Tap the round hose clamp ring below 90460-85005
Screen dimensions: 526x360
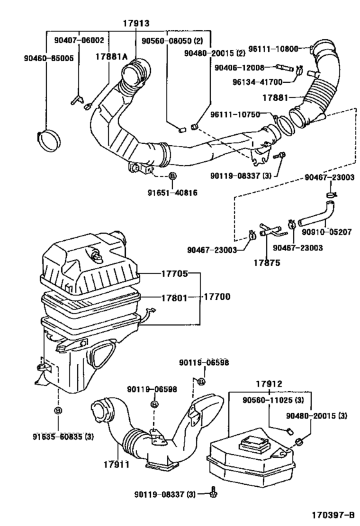pos(48,137)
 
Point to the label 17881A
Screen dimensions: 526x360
pos(112,57)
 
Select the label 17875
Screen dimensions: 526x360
pos(265,262)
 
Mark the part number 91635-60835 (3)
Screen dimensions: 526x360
pos(64,437)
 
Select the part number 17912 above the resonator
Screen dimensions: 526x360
pos(268,385)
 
